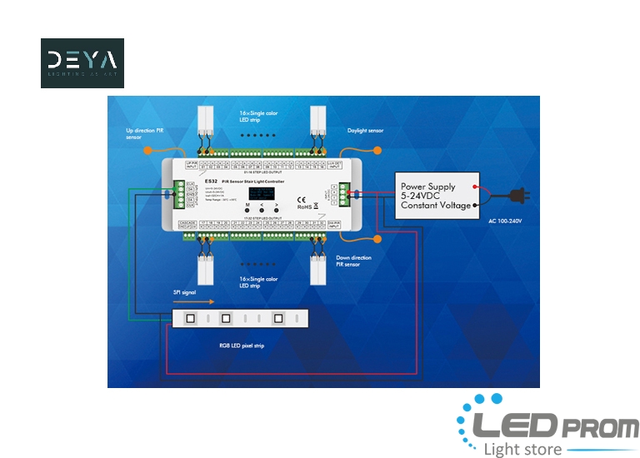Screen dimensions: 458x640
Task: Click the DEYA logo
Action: pyautogui.click(x=82, y=63)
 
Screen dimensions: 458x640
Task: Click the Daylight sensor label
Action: pyautogui.click(x=365, y=131)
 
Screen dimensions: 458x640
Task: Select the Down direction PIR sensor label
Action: pyautogui.click(x=348, y=261)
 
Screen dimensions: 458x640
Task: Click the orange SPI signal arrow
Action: pyautogui.click(x=199, y=302)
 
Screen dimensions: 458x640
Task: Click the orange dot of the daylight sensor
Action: pyautogui.click(x=377, y=151)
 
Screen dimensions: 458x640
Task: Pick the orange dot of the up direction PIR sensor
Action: pyautogui.click(x=147, y=151)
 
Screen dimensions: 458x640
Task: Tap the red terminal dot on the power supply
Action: pyautogui.click(x=475, y=187)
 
